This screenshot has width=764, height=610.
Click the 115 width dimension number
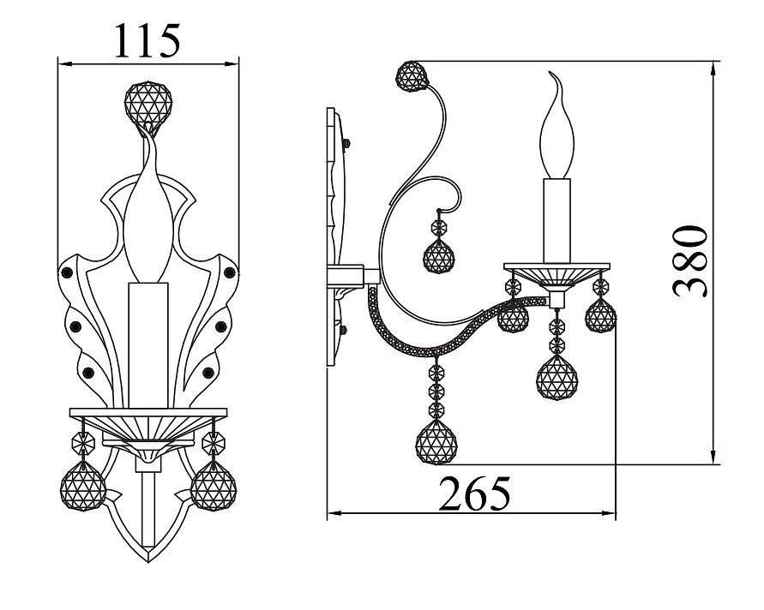pyautogui.click(x=147, y=40)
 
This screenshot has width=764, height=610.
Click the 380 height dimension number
pyautogui.click(x=689, y=261)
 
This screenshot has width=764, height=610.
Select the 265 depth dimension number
pyautogui.click(x=475, y=493)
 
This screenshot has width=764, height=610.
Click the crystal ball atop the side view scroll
pyautogui.click(x=412, y=76)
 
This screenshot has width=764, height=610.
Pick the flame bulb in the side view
pyautogui.click(x=556, y=126)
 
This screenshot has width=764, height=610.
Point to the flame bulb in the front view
pyautogui.click(x=148, y=214)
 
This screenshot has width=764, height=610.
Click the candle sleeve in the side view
pyautogui.click(x=556, y=221)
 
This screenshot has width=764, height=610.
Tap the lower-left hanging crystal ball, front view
pyautogui.click(x=83, y=486)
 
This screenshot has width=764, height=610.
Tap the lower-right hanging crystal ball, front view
pyautogui.click(x=214, y=486)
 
